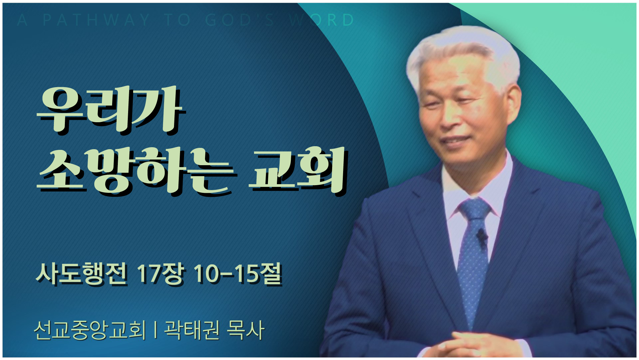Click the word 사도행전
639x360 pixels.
(82, 274)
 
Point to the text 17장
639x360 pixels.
(161, 274)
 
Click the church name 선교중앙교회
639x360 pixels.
(90, 330)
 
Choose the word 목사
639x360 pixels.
(246, 330)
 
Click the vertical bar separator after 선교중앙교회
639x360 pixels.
(155, 330)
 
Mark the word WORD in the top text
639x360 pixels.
(321, 20)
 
